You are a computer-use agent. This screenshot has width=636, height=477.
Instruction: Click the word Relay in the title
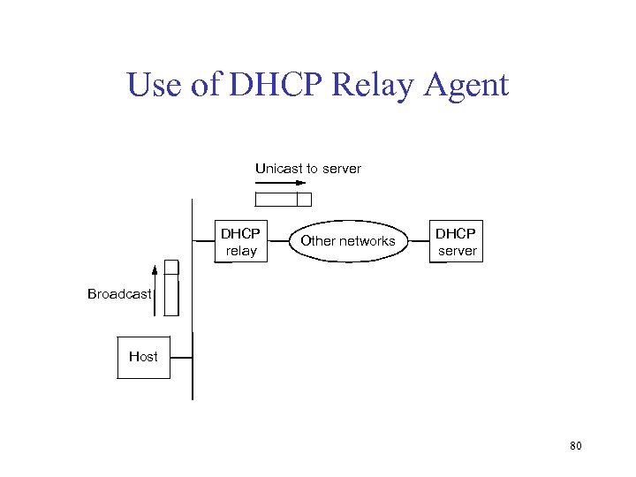point(364,86)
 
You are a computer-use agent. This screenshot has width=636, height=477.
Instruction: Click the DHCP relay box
point(240,241)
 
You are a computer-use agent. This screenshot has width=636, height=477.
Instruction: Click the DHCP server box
point(456,241)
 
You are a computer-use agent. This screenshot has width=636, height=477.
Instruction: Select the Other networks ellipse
point(347,240)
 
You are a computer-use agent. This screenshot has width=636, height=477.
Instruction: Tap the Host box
point(143,357)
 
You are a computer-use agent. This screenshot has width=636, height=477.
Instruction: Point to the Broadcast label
point(119,294)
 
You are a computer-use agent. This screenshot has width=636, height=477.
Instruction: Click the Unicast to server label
point(308,168)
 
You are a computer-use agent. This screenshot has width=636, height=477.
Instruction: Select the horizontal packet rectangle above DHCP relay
point(283,199)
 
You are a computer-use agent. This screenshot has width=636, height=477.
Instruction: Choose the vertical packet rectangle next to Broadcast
point(171,288)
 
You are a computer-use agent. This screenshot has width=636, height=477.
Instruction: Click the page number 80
point(576,446)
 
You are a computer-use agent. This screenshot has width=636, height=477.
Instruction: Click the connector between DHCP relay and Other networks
point(278,240)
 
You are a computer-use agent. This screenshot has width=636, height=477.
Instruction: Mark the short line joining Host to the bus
point(180,357)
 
